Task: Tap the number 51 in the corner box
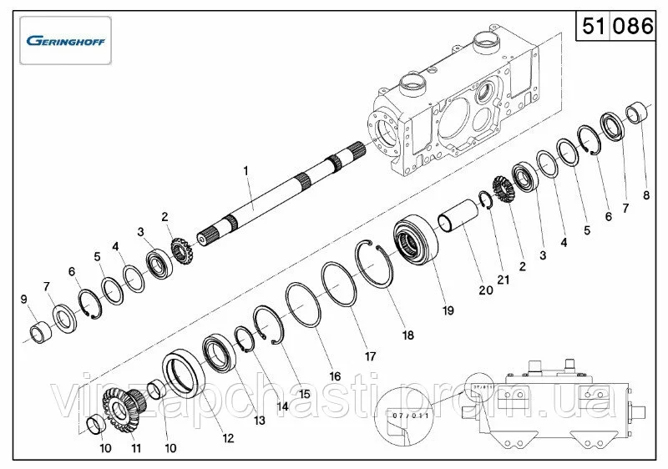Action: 594,26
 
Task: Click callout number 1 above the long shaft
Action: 246,170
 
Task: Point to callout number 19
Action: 448,310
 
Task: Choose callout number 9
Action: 24,299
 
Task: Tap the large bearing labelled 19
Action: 412,242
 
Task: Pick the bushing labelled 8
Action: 637,111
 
